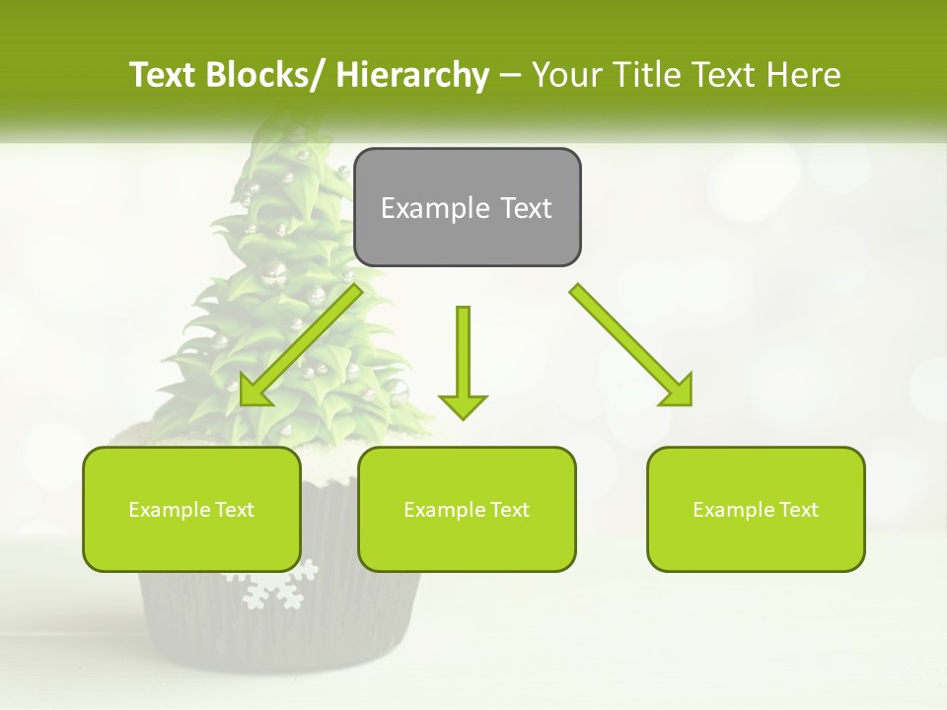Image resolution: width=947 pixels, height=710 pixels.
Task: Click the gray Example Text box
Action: tap(467, 207)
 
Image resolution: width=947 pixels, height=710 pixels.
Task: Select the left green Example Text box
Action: tap(191, 509)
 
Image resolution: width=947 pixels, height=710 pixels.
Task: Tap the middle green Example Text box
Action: tap(467, 509)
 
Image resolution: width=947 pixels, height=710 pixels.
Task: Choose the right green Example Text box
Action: tap(756, 509)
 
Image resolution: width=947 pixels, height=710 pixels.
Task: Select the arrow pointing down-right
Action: tap(632, 345)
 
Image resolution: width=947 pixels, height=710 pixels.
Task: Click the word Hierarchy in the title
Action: tap(412, 75)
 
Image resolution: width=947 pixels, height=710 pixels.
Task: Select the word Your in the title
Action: tap(566, 75)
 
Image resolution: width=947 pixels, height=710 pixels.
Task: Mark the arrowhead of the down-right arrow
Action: tap(679, 390)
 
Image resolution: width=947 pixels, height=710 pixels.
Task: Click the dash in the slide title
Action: tap(509, 76)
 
